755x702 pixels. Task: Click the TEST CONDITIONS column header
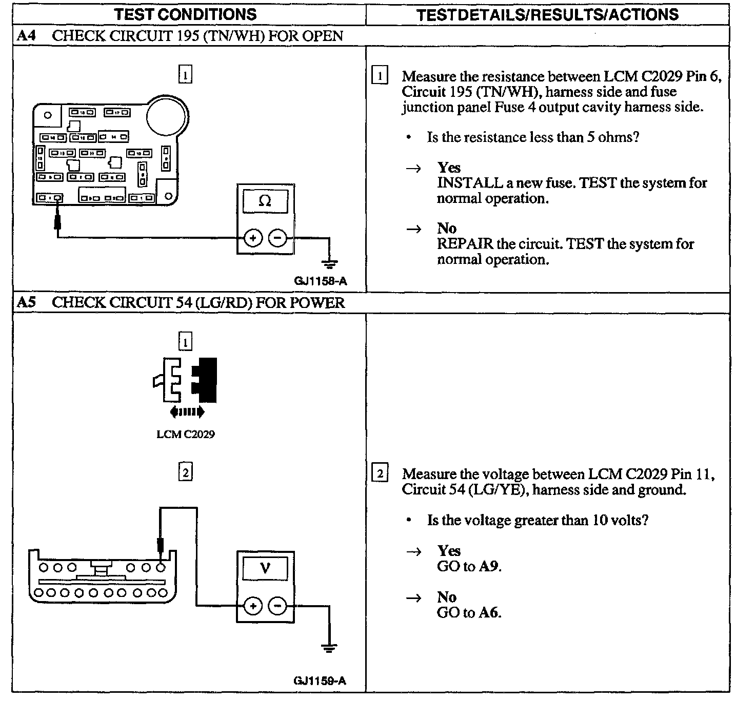point(185,14)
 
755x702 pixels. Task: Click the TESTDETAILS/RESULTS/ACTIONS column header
point(547,14)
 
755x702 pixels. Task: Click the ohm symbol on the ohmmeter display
point(265,201)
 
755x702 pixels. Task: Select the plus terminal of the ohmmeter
point(253,238)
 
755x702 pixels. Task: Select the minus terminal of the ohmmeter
point(277,238)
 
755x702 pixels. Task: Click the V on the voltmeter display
point(265,568)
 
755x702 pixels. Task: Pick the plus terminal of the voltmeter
point(252,606)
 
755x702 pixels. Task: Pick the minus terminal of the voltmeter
point(277,606)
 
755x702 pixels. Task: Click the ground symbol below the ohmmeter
point(329,264)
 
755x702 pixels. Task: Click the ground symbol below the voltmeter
point(329,648)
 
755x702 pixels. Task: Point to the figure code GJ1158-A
point(321,281)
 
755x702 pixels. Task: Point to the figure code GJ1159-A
point(320,680)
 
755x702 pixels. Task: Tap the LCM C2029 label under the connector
point(186,434)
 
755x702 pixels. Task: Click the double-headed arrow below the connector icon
point(186,411)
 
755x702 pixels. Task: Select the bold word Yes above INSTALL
point(449,168)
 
